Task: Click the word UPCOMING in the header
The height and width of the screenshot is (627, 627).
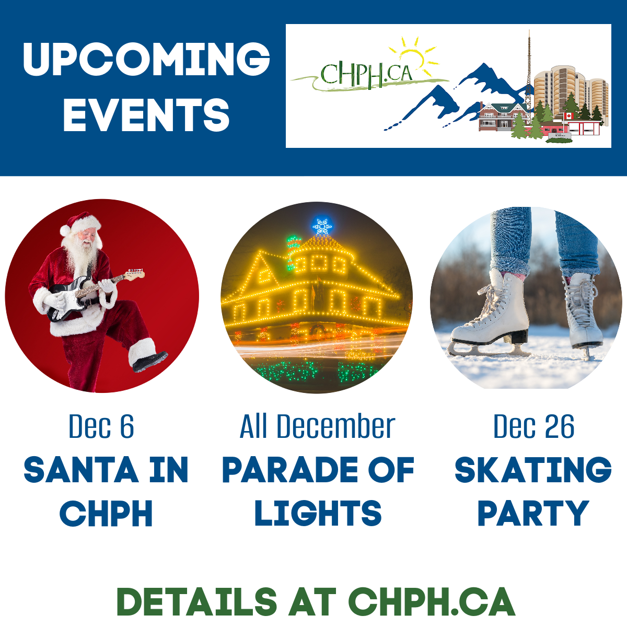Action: click(x=146, y=59)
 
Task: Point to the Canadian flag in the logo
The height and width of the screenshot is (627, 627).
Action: click(x=568, y=116)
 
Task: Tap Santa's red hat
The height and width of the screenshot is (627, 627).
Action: click(x=82, y=223)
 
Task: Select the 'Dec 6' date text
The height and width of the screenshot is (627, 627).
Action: click(x=101, y=426)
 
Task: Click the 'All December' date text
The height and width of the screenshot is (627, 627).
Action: click(x=317, y=426)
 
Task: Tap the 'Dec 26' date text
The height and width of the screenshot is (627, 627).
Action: click(x=533, y=426)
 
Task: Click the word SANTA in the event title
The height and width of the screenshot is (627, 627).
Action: click(x=81, y=470)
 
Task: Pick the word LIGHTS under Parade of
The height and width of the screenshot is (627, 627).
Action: click(x=318, y=513)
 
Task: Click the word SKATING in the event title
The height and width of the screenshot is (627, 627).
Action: click(x=533, y=470)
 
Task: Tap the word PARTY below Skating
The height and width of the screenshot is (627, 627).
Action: click(x=533, y=513)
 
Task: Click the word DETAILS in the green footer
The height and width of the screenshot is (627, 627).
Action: click(x=197, y=601)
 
